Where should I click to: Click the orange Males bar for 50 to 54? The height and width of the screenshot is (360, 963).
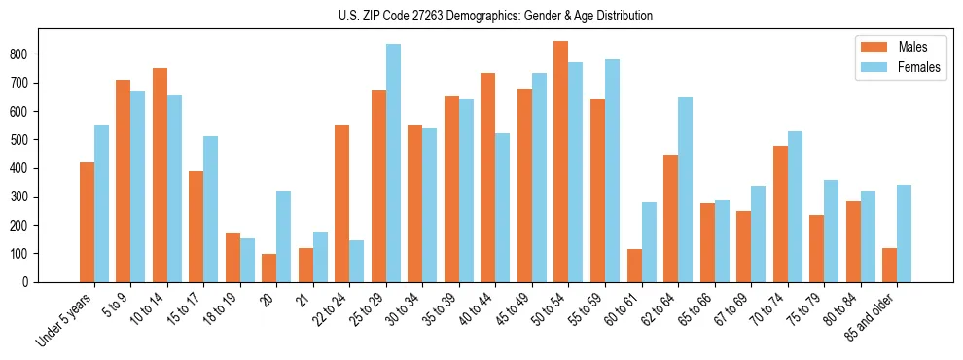pos(561,162)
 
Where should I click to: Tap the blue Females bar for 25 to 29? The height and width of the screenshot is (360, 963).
pos(393,162)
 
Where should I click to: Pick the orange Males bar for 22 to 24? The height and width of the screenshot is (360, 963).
pos(342,203)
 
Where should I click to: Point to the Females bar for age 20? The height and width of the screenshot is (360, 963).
pos(284,236)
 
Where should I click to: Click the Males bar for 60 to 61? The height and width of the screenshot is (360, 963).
pos(634,266)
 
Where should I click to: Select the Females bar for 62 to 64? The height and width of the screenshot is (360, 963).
pos(685,190)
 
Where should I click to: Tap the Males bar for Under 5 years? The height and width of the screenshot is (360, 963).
pos(87,222)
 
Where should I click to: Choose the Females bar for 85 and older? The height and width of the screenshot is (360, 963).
pos(904,234)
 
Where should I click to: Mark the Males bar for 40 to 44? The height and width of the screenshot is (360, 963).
pos(488,177)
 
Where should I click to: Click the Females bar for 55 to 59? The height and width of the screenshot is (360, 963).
pos(612,170)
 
